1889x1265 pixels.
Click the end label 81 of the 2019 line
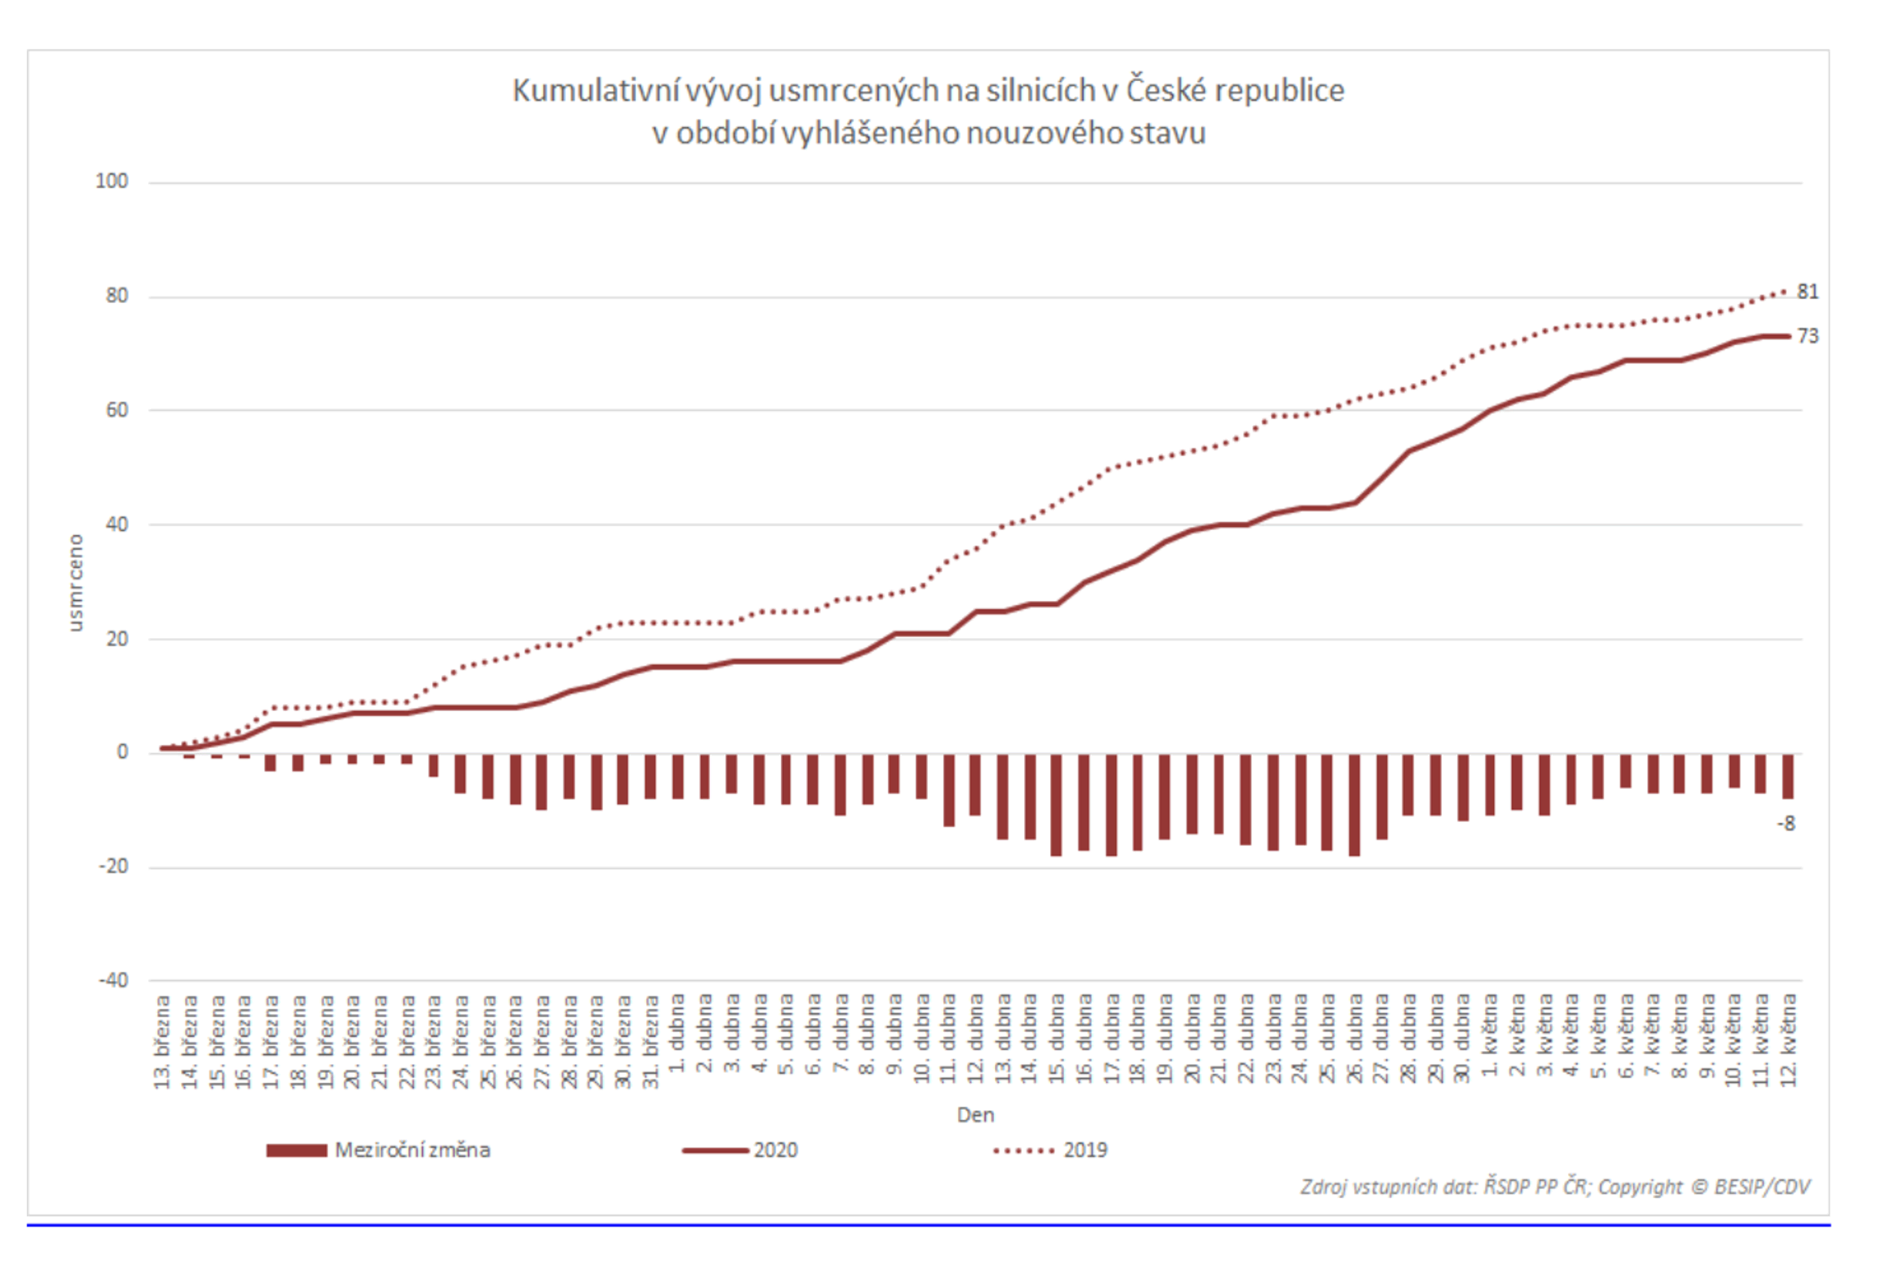coord(1807,292)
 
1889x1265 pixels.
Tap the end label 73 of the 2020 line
coord(1807,337)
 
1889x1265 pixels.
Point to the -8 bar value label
coord(1786,824)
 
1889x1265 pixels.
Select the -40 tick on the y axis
coord(113,980)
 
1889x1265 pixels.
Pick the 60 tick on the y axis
coord(116,410)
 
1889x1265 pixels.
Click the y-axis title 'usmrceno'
coord(75,582)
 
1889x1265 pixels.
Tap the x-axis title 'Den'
coord(974,1115)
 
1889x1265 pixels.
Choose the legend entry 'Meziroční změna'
coord(412,1149)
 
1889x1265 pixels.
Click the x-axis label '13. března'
coord(162,1042)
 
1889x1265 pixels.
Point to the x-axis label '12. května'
coord(1788,1040)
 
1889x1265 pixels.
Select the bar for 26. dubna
coord(1354,804)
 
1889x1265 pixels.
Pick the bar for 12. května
coord(1788,776)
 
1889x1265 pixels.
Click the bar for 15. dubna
coord(1056,804)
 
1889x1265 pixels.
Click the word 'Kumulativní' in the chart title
coord(595,90)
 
